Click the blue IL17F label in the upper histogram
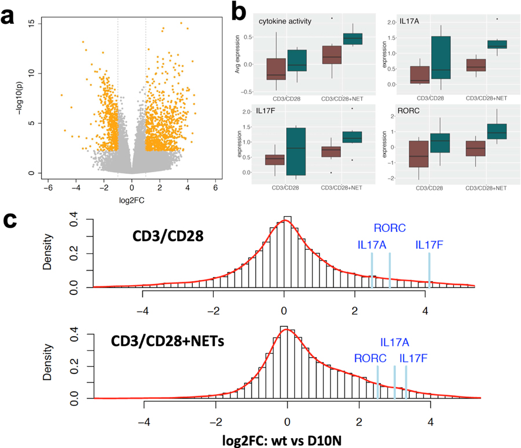(x=429, y=245)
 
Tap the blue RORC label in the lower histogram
(x=370, y=358)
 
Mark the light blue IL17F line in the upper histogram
(x=429, y=270)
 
